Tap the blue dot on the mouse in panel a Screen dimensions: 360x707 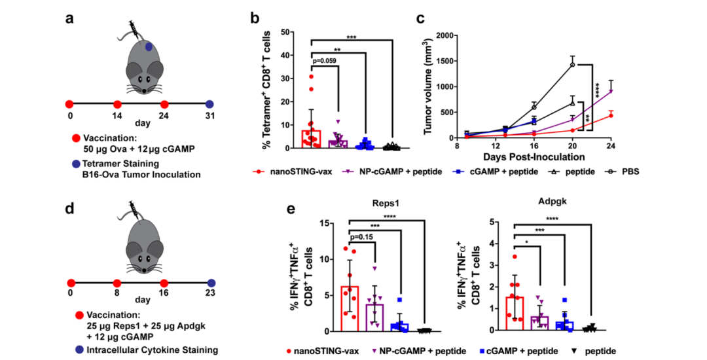tap(150, 47)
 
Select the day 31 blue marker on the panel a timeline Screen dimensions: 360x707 tap(209, 104)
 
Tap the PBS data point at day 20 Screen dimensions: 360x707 tap(572, 65)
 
